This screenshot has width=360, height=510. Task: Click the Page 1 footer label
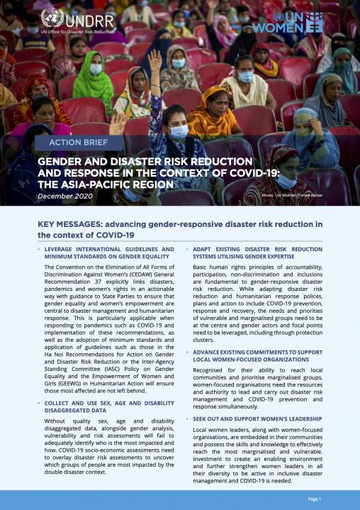point(314,499)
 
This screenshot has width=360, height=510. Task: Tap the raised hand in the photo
point(154,61)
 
